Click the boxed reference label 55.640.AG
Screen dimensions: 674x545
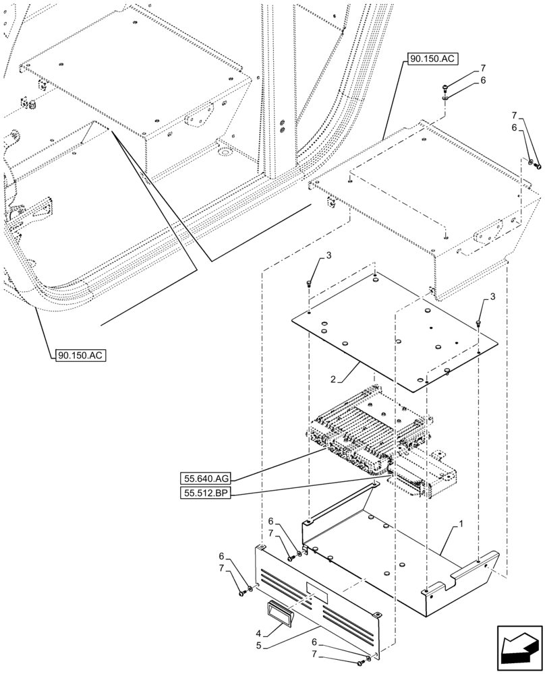click(206, 478)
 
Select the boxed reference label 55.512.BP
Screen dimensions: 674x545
click(206, 494)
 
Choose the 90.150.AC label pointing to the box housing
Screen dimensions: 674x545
click(433, 59)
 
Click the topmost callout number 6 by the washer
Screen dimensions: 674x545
click(483, 81)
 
